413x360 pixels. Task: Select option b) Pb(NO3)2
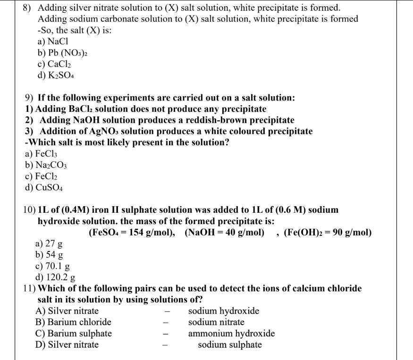click(x=61, y=53)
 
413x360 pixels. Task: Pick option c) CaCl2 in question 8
click(x=56, y=64)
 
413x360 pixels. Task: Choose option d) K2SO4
click(x=56, y=75)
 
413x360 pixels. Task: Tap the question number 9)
click(x=29, y=98)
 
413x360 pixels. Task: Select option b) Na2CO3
click(x=46, y=165)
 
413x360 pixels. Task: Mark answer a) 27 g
click(x=49, y=244)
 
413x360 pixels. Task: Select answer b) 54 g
click(x=49, y=255)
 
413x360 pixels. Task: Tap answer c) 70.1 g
click(x=52, y=266)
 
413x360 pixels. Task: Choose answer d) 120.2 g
click(x=56, y=277)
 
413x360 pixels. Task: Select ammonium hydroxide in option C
click(x=231, y=334)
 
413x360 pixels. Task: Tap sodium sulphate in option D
click(x=229, y=344)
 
